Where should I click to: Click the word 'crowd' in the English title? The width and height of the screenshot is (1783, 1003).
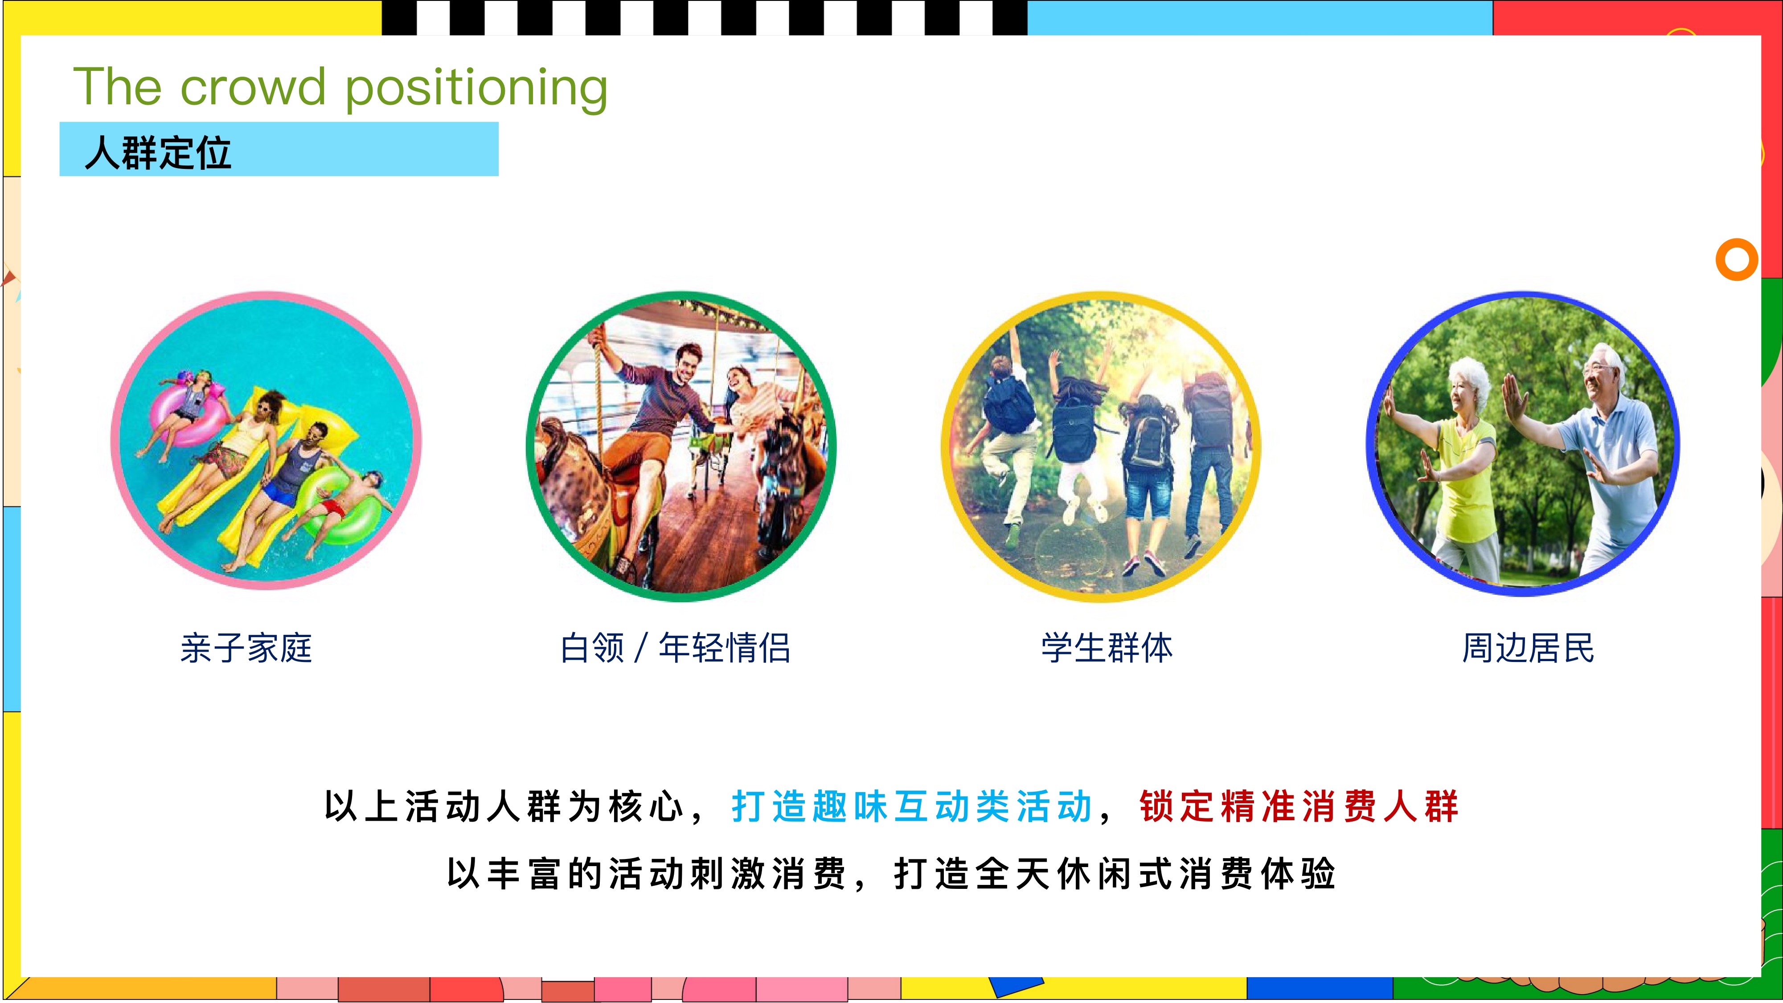point(253,87)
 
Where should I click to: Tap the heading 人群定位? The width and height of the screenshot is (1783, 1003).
point(158,152)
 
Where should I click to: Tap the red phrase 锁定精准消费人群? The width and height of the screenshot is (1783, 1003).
point(1299,806)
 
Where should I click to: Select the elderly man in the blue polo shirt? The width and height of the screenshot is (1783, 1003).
point(1606,457)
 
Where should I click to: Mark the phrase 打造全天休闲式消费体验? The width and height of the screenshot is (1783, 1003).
point(1115,874)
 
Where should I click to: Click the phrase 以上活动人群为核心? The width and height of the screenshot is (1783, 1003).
point(504,806)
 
